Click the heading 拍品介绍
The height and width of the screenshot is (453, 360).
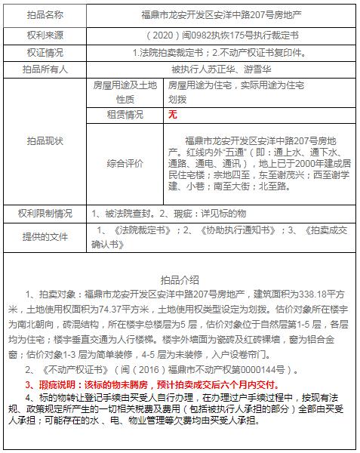point(180,279)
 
